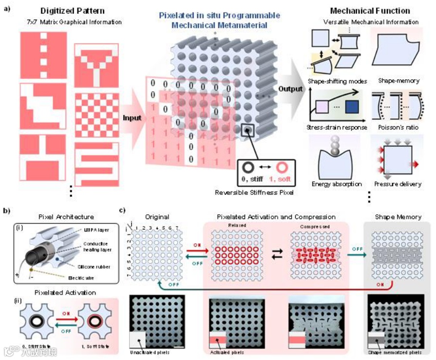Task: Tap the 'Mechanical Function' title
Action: pyautogui.click(x=370, y=11)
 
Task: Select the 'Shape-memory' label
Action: pyautogui.click(x=392, y=81)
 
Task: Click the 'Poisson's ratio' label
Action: pyautogui.click(x=392, y=128)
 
